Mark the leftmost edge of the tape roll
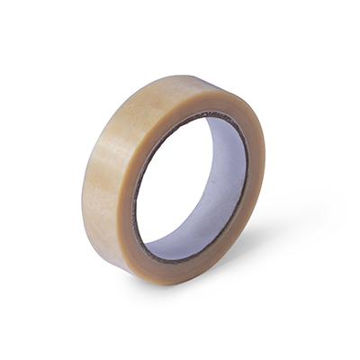[x=83, y=193]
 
